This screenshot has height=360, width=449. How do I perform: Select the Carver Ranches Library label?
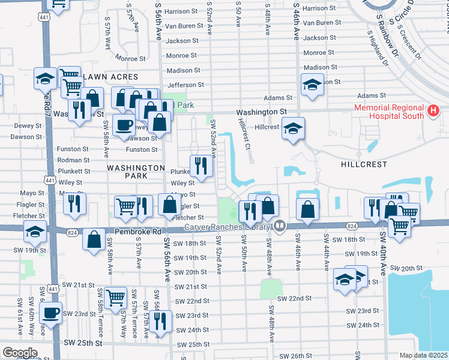(x=228, y=227)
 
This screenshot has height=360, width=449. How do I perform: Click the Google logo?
(x=20, y=353)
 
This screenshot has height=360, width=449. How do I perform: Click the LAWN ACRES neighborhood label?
(x=111, y=77)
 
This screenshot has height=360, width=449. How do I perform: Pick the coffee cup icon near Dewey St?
(x=124, y=125)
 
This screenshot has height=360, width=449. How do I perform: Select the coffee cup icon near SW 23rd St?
(x=51, y=312)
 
